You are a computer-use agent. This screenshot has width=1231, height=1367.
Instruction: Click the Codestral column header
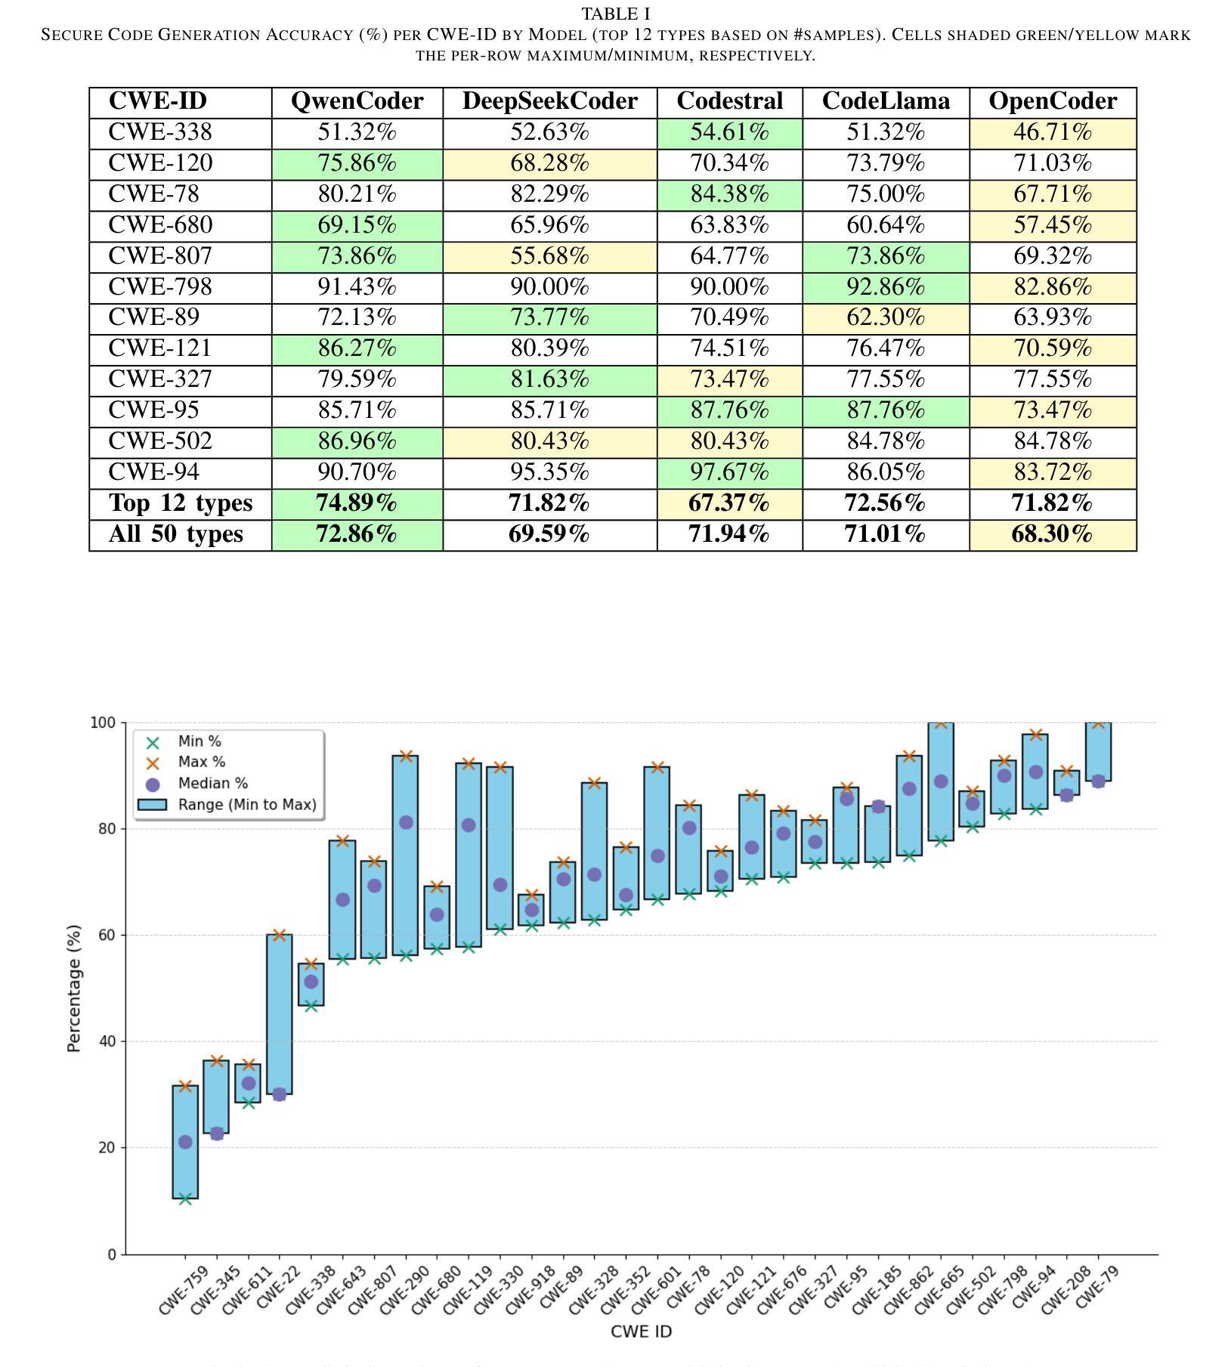click(729, 101)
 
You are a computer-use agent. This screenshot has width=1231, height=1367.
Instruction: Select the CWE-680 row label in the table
click(160, 225)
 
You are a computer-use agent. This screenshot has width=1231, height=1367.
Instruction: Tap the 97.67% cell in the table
click(729, 472)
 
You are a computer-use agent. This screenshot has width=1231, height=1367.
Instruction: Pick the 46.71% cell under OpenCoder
click(1052, 132)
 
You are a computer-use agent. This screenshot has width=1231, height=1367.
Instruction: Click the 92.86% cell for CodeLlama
click(885, 287)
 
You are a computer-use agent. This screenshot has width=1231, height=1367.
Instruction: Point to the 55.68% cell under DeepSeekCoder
click(549, 256)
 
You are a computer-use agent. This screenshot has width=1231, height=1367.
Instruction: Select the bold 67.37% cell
click(729, 503)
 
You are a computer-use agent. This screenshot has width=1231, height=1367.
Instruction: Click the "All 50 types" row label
click(175, 534)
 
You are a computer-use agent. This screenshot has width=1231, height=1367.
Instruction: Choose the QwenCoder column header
click(357, 101)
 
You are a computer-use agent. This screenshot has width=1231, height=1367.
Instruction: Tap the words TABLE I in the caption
click(615, 14)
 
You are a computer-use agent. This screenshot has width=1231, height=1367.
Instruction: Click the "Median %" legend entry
click(212, 784)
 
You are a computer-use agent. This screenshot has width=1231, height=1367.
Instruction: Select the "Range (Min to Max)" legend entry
click(246, 805)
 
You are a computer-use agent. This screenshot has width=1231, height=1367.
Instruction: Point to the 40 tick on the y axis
click(104, 1041)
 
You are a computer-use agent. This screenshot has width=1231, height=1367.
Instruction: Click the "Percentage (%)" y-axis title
click(73, 988)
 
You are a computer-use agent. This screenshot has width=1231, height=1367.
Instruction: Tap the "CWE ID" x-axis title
click(641, 1331)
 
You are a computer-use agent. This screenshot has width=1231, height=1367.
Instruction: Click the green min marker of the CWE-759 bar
click(185, 1198)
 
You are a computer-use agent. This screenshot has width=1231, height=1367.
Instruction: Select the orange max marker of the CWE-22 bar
click(280, 935)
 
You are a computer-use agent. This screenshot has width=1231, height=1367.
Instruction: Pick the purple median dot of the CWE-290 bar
click(406, 822)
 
